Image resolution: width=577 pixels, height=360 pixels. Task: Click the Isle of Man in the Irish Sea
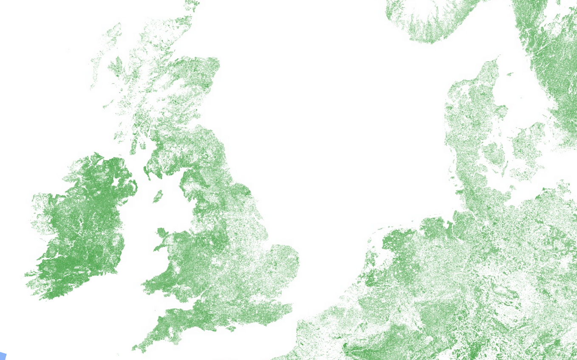(158, 196)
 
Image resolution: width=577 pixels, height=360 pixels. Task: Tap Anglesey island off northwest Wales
(162, 233)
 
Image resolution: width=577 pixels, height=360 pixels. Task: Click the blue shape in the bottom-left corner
(2, 356)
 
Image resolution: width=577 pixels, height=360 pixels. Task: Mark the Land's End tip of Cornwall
(133, 349)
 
